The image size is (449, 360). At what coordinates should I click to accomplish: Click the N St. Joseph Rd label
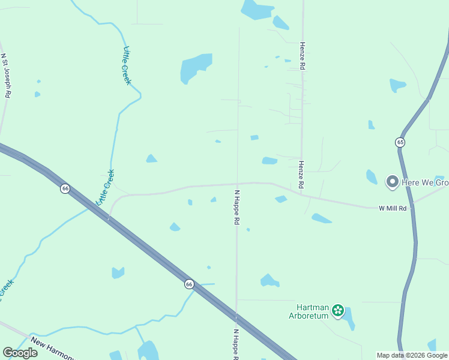pyautogui.click(x=6, y=76)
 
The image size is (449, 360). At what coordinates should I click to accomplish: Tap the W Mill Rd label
pyautogui.click(x=393, y=208)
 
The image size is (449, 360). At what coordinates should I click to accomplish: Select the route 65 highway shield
pyautogui.click(x=400, y=142)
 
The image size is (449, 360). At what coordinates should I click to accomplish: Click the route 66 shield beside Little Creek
pyautogui.click(x=65, y=188)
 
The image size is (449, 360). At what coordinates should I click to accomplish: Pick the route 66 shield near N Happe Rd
pyautogui.click(x=189, y=284)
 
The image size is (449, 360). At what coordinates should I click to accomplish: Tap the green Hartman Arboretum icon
pyautogui.click(x=338, y=310)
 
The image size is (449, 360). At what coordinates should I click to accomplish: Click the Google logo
pyautogui.click(x=20, y=353)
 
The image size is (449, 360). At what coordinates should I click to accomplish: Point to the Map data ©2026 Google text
pyautogui.click(x=412, y=355)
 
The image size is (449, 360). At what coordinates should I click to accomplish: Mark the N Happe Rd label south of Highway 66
pyautogui.click(x=236, y=344)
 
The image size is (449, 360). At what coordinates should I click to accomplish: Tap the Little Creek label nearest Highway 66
pyautogui.click(x=105, y=187)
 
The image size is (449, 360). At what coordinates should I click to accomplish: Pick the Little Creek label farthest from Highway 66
pyautogui.click(x=126, y=65)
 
